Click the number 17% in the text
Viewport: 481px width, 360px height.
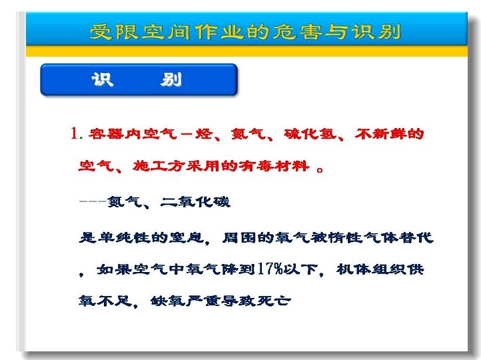coord(270,269)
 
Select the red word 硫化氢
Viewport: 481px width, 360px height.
coord(310,134)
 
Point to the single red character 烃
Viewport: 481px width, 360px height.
coord(204,134)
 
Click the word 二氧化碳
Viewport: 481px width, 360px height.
coord(195,202)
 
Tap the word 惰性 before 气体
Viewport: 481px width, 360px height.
coord(345,237)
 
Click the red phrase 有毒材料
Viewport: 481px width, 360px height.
coord(274,166)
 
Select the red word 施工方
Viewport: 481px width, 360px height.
coord(159,166)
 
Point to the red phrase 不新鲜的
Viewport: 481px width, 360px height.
coord(389,134)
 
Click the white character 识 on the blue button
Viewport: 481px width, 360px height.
coord(103,80)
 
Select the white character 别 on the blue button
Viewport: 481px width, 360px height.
coord(171,80)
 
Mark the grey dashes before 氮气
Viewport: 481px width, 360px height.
coord(93,202)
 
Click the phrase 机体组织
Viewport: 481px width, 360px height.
coord(372,269)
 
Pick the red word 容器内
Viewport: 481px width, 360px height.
coord(115,134)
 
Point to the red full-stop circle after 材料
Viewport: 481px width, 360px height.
coord(320,169)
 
